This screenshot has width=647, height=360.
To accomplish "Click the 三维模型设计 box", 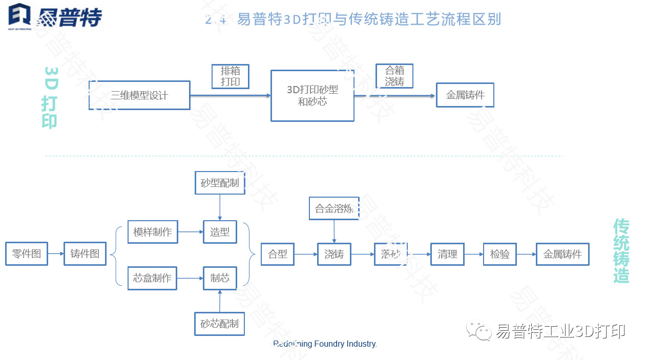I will (x=139, y=95).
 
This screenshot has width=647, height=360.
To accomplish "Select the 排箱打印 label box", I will (x=230, y=76).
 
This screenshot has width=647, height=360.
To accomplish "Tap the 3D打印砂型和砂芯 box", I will (x=312, y=96).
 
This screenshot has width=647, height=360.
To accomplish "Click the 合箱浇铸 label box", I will (x=394, y=76).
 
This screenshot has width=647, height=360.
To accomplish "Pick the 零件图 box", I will (x=27, y=253).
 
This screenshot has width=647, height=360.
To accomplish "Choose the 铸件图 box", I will (x=85, y=253).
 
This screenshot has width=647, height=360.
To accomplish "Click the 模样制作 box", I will (x=152, y=232).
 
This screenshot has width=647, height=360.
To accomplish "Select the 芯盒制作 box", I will (x=152, y=278).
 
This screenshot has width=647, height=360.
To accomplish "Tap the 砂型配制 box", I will (x=220, y=183).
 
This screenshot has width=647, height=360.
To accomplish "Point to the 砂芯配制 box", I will (x=220, y=324).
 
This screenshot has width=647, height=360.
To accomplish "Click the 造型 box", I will (x=220, y=232).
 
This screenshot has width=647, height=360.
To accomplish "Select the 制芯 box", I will (x=220, y=278).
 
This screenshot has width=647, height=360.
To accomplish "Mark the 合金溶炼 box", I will (x=334, y=208).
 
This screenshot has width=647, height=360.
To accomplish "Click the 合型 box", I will (x=278, y=254).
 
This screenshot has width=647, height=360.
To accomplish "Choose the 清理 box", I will (x=447, y=254).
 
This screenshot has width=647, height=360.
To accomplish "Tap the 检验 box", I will (x=500, y=254).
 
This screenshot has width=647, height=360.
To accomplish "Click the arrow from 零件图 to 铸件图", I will (x=56, y=253).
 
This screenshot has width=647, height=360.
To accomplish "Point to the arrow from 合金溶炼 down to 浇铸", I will (x=334, y=231).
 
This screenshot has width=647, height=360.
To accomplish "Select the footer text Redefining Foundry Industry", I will (x=325, y=344).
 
